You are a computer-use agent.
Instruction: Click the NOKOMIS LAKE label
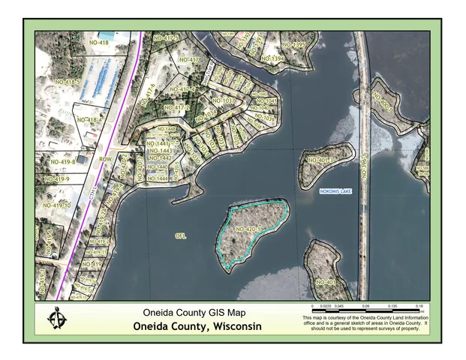click(x=335, y=192)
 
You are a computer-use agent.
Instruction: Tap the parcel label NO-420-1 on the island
click(x=248, y=229)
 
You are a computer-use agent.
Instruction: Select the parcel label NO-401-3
click(x=320, y=160)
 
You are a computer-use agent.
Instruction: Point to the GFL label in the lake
click(x=180, y=236)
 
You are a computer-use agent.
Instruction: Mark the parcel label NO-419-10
click(x=57, y=205)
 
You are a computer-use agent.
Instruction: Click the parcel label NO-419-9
click(x=56, y=179)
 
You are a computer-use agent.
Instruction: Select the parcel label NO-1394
click(x=272, y=58)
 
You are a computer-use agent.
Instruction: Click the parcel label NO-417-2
click(x=182, y=90)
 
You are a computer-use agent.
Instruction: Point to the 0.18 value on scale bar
click(x=420, y=307)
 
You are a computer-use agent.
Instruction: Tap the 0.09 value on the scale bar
click(x=366, y=307)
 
